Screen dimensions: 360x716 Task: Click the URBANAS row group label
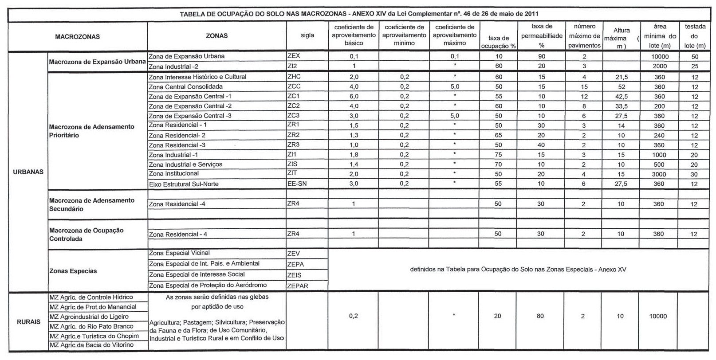pos(28,172)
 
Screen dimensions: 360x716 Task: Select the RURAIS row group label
pos(28,322)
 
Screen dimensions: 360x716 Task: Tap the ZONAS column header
pos(216,36)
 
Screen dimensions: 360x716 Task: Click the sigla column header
pos(307,36)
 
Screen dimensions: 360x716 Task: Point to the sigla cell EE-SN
pos(297,184)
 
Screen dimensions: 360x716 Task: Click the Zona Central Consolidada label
pos(185,86)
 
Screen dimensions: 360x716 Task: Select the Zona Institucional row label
pos(174,174)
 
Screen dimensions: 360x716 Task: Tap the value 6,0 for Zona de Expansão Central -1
pos(354,96)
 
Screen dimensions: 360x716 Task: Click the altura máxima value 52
pos(621,87)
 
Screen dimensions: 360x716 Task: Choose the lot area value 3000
pos(659,174)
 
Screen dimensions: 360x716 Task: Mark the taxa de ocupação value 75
pos(498,155)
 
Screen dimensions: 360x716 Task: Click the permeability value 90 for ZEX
pos(541,57)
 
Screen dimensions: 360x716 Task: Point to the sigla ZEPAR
pos(298,286)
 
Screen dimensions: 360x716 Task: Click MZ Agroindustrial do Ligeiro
pos(89,317)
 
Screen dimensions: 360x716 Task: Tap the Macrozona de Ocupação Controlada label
pos(87,235)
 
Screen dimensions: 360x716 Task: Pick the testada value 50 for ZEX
pos(695,57)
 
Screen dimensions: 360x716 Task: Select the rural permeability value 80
pos(541,316)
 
